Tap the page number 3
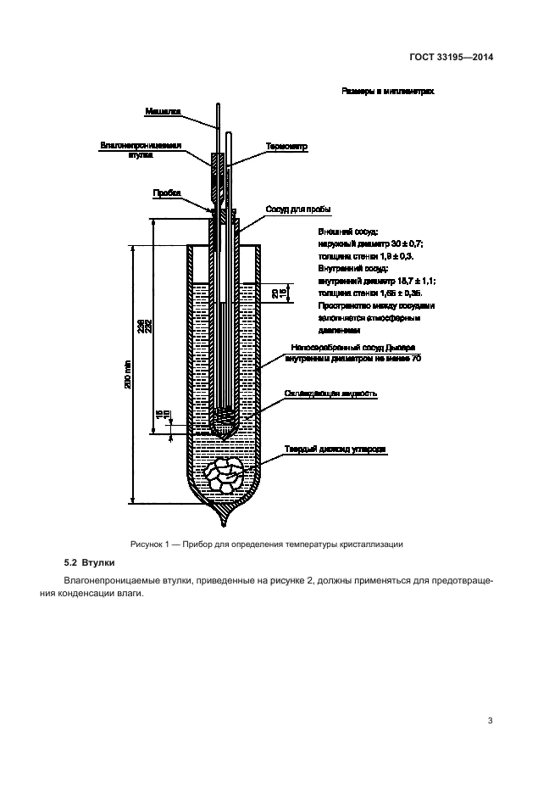(x=490, y=721)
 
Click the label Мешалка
(x=162, y=111)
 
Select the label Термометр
(x=286, y=146)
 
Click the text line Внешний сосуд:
(x=347, y=231)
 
